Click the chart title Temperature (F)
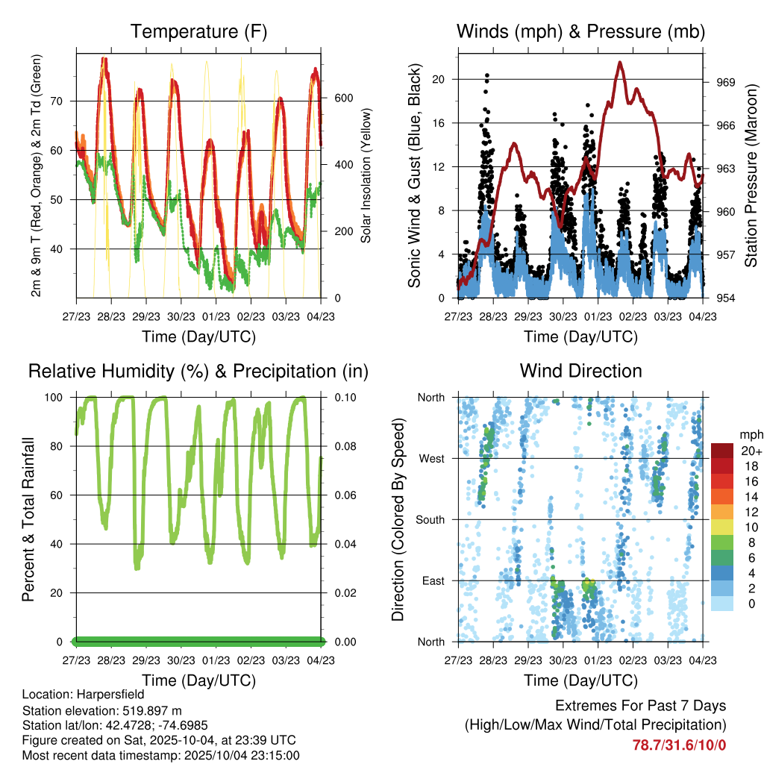198,31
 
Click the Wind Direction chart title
580,371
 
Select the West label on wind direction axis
430,458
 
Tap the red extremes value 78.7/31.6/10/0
679,745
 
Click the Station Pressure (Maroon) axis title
751,175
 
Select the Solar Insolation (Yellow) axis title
366,175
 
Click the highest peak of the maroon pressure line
620,63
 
